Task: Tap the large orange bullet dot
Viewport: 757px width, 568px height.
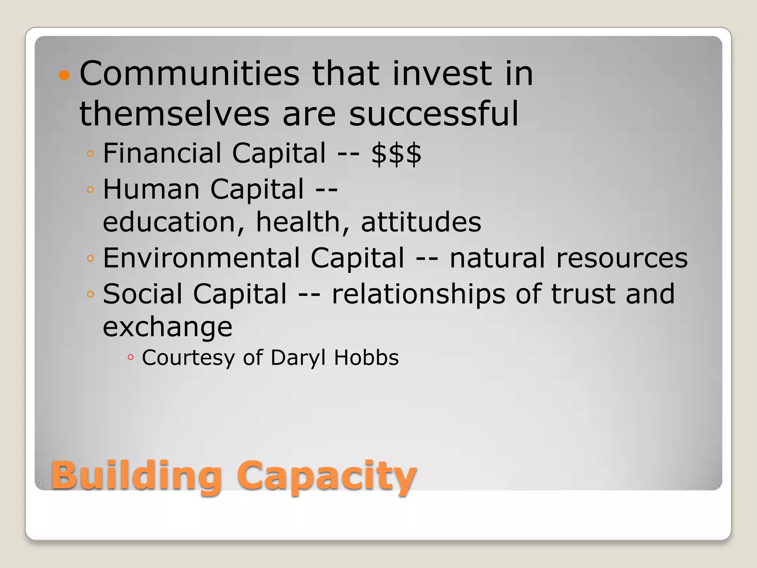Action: (64, 75)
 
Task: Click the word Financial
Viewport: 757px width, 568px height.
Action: (162, 153)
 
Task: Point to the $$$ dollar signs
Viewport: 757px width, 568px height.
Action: (396, 153)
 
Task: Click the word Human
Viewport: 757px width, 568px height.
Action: (152, 189)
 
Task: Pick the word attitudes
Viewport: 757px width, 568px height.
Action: (421, 222)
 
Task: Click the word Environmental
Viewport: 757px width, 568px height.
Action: (201, 258)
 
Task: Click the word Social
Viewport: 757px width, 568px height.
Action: (143, 294)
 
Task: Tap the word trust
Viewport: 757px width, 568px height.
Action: (583, 294)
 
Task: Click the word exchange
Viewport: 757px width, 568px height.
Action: (167, 327)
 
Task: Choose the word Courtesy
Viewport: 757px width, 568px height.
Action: (188, 358)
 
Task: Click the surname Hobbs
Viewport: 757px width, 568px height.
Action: (366, 358)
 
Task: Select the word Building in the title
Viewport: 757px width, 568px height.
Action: (136, 475)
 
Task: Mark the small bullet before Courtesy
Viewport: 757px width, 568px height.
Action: (130, 357)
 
